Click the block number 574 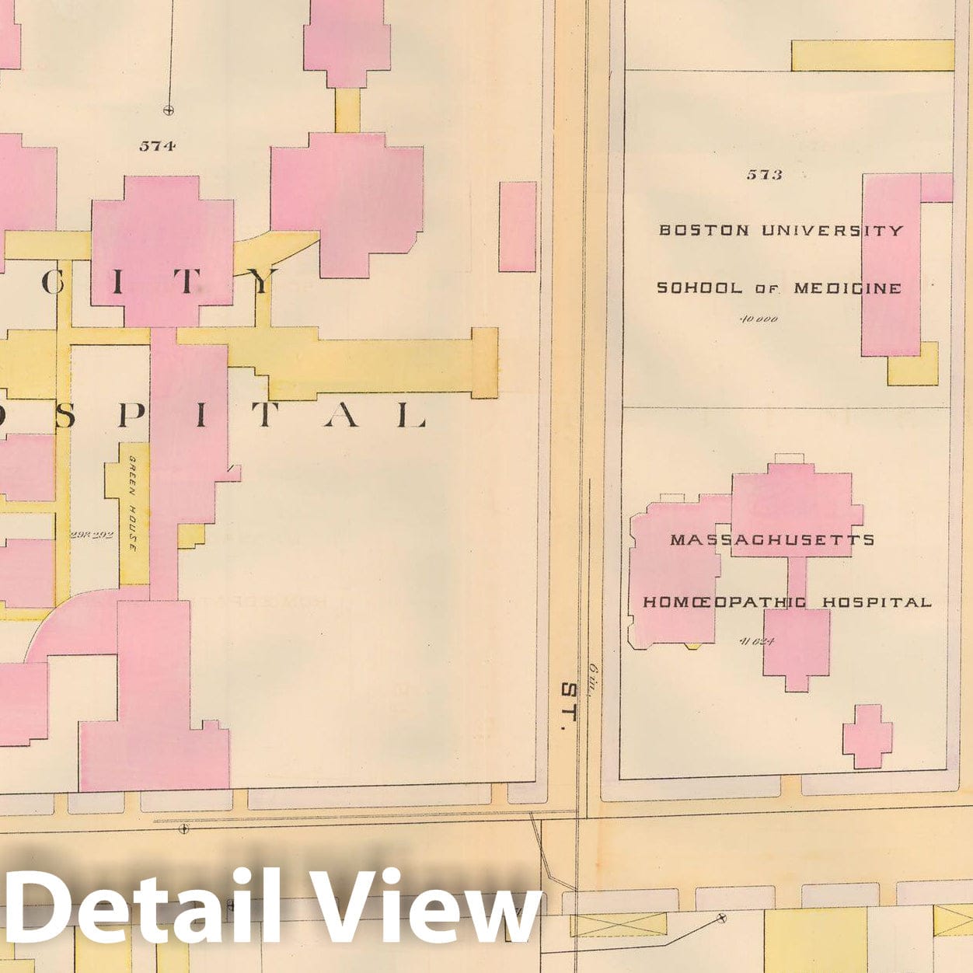[157, 145]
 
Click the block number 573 [764, 175]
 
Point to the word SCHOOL [699, 288]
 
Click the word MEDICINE [847, 288]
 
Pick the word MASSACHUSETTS [772, 539]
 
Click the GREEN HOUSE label [133, 503]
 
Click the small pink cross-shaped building [867, 736]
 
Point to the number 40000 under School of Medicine [759, 319]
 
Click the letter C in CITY [52, 282]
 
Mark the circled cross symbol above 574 [168, 110]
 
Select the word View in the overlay [424, 908]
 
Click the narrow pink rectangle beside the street [517, 226]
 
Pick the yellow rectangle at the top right [872, 55]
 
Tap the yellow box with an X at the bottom [618, 925]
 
